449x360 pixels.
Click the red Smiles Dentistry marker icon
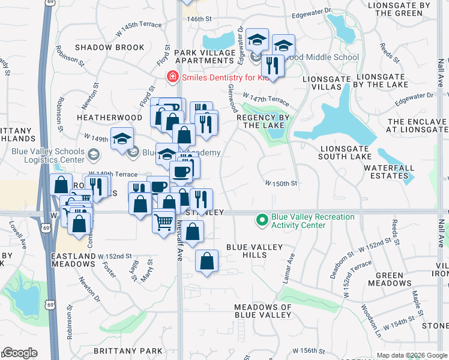click(x=172, y=77)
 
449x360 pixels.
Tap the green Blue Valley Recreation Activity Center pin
click(x=262, y=221)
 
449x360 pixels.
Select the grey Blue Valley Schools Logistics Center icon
click(x=93, y=155)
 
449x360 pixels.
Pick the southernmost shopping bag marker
click(x=206, y=262)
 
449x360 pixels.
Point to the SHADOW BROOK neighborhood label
click(x=110, y=47)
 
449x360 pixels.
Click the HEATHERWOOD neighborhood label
click(x=110, y=118)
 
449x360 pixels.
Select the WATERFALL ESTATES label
click(x=389, y=172)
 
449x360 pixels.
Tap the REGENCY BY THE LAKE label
click(x=263, y=121)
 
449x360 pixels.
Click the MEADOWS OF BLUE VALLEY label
click(x=262, y=311)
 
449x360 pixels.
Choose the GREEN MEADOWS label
click(x=393, y=279)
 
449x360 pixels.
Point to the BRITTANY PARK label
click(x=128, y=350)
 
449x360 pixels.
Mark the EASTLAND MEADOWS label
click(x=74, y=260)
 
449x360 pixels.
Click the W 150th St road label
click(x=282, y=183)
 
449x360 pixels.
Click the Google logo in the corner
click(x=19, y=353)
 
